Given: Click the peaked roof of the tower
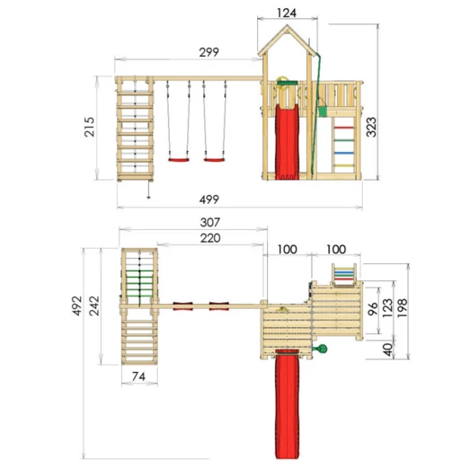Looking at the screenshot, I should pos(285,40).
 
